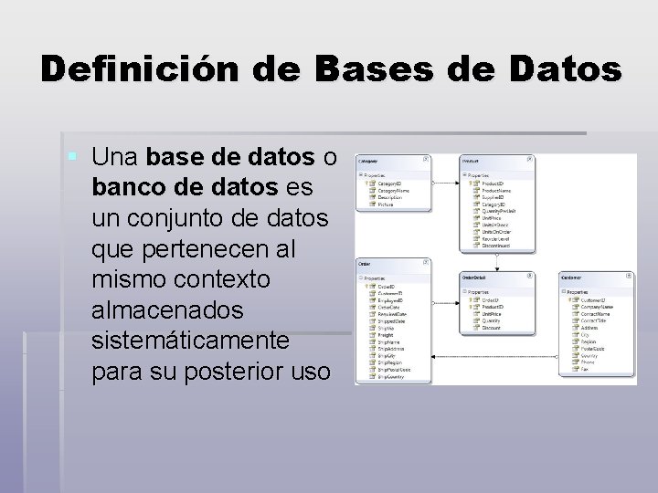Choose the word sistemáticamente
click(x=190, y=341)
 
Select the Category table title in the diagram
click(x=370, y=160)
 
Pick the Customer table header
click(x=574, y=276)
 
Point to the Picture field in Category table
click(x=387, y=205)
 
